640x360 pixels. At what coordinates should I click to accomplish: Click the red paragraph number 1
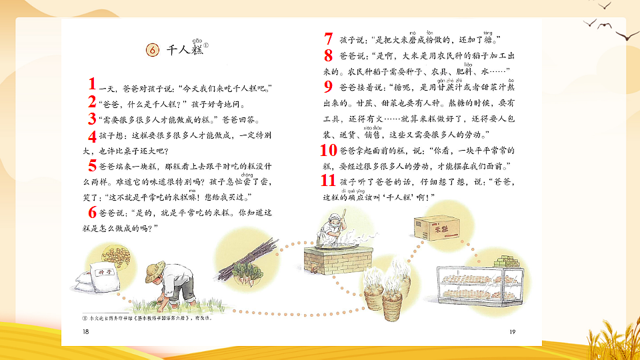click(93, 85)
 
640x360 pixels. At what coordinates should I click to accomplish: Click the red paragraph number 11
click(327, 181)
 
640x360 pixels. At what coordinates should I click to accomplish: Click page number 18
click(84, 331)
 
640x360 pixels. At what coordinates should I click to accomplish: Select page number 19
click(512, 331)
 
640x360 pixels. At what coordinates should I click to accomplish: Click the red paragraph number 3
click(93, 119)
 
